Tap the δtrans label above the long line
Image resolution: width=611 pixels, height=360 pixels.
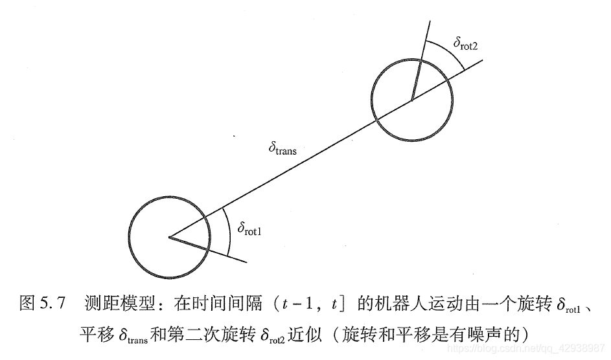pyautogui.click(x=282, y=149)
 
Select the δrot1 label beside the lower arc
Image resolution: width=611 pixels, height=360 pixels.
pyautogui.click(x=250, y=228)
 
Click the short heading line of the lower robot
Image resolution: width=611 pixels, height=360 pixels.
pyautogui.click(x=207, y=249)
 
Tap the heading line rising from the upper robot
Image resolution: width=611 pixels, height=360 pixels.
pyautogui.click(x=420, y=62)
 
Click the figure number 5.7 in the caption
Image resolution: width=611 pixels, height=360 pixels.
pyautogui.click(x=52, y=303)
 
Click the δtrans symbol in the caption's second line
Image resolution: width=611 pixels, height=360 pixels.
pyautogui.click(x=133, y=335)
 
